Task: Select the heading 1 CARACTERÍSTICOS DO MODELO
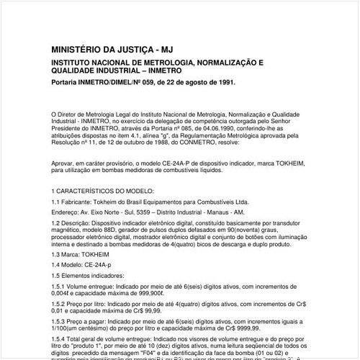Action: pyautogui.click(x=102, y=192)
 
